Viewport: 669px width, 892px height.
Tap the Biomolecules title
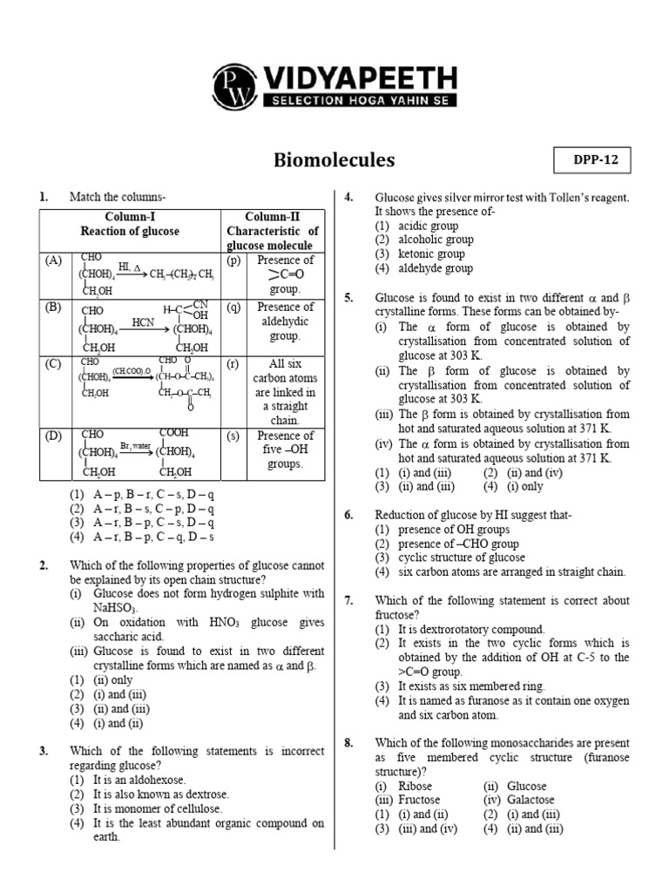pyautogui.click(x=334, y=159)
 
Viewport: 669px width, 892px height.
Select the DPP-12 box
pyautogui.click(x=591, y=161)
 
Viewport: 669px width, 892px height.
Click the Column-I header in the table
pyautogui.click(x=130, y=217)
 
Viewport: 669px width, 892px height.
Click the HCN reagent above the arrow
pyautogui.click(x=143, y=321)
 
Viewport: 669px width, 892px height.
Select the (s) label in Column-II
pyautogui.click(x=233, y=436)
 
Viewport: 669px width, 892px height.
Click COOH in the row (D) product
pyautogui.click(x=175, y=433)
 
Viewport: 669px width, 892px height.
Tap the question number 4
pyautogui.click(x=348, y=198)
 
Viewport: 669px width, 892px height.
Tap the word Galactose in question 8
pyautogui.click(x=529, y=800)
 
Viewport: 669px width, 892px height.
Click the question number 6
pyautogui.click(x=348, y=515)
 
